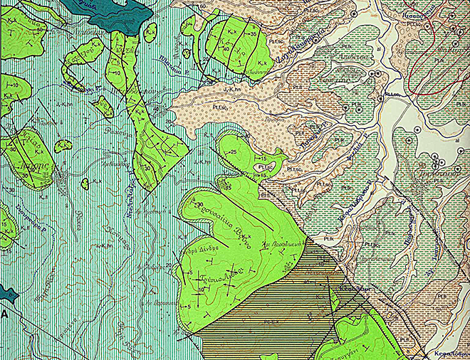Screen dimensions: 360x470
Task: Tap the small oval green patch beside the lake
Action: [x=150, y=32]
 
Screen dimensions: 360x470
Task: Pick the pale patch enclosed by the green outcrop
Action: [x=265, y=165]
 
